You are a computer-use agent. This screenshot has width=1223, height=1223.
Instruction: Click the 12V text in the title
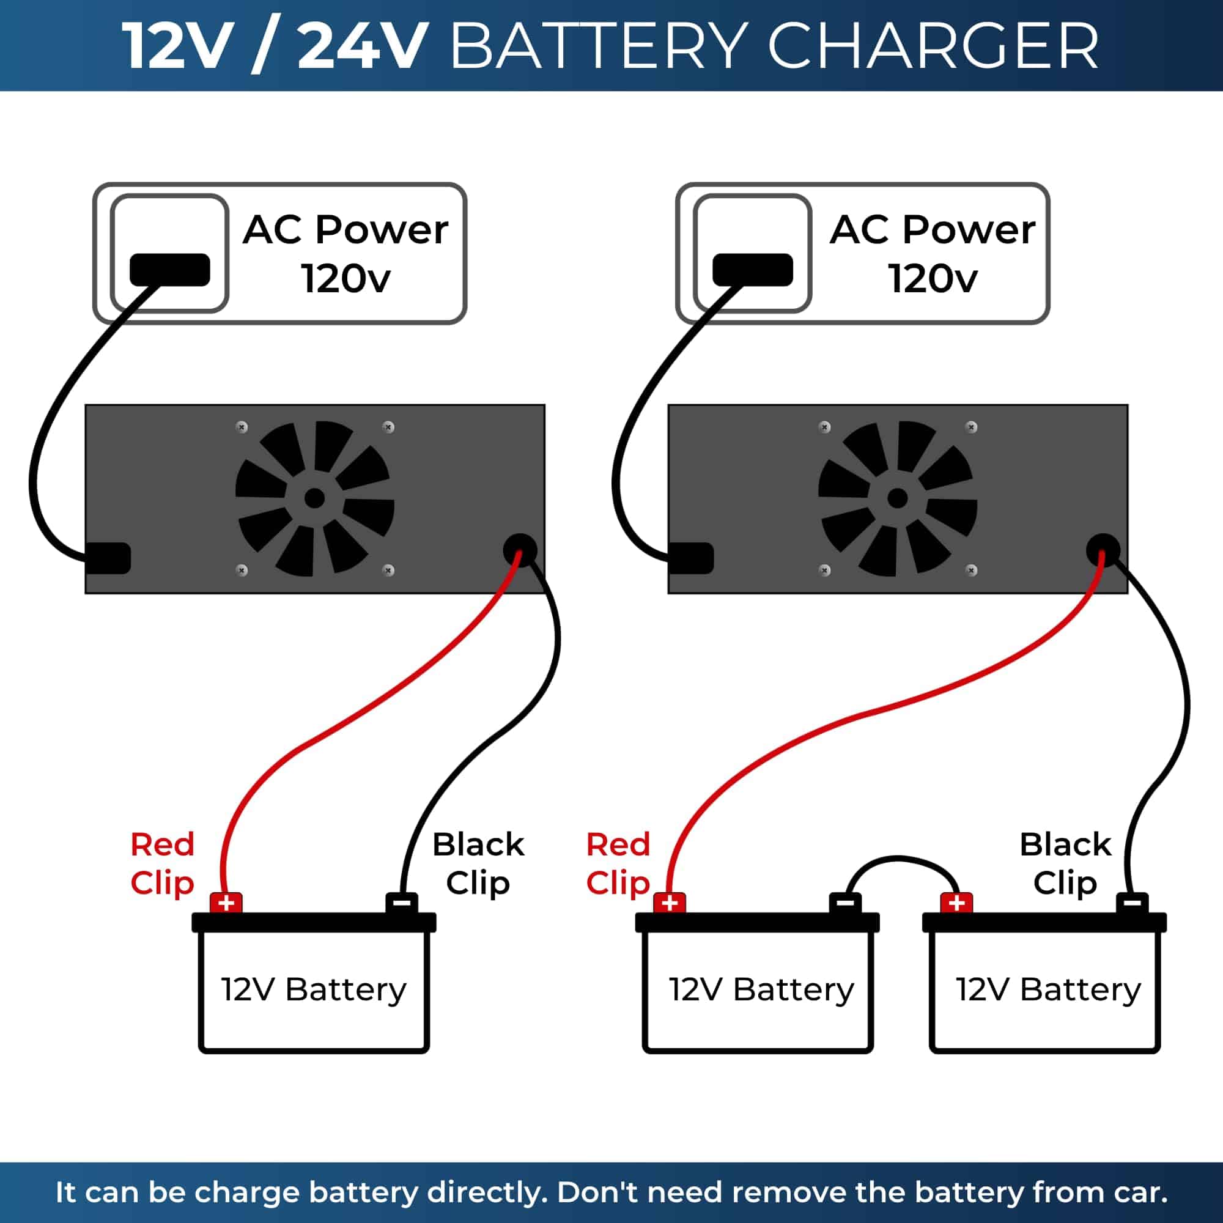(174, 46)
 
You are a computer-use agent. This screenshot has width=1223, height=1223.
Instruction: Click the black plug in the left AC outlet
(169, 270)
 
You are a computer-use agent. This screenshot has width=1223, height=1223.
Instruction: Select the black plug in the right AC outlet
(752, 270)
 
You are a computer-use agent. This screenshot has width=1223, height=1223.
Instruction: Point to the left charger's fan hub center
(314, 499)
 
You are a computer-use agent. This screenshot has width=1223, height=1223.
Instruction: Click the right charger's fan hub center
(897, 499)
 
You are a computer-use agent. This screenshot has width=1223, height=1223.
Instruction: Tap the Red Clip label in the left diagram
(162, 863)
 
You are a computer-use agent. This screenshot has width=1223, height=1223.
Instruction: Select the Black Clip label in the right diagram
(1065, 863)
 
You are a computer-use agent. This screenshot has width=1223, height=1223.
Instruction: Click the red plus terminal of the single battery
(226, 903)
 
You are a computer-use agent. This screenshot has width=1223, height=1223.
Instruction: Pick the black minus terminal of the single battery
(401, 903)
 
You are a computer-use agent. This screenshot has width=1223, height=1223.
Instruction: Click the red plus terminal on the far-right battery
(956, 903)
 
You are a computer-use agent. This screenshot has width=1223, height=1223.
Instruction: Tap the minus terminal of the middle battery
(845, 903)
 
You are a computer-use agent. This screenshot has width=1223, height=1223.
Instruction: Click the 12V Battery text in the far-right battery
(1048, 989)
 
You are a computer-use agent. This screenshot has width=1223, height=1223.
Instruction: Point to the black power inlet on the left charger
(109, 558)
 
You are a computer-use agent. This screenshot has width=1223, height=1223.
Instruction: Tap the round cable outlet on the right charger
(1103, 550)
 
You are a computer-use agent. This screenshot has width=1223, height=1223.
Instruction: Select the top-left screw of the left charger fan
(242, 427)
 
